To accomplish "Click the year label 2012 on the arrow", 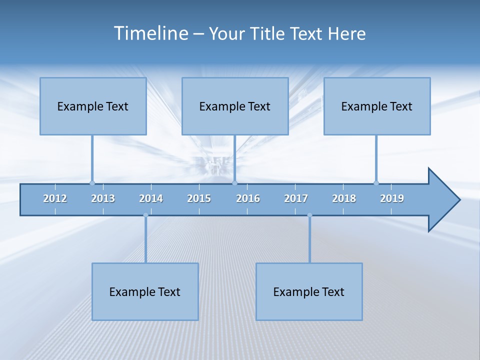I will tap(55, 198).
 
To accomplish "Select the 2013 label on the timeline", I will tap(103, 198).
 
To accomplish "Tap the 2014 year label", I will tap(151, 198).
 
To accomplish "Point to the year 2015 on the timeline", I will tap(199, 198).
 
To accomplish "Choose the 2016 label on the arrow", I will tap(248, 198).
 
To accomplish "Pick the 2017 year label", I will tap(296, 198).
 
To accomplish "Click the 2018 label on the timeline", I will tap(344, 198).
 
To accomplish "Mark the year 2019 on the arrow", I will tap(392, 198).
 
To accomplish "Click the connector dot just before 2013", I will tap(92, 183).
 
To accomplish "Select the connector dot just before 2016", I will tap(234, 183).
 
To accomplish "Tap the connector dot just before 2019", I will tap(376, 183).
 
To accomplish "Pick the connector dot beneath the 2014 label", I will tap(145, 215).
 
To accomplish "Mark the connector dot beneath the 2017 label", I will tap(309, 215).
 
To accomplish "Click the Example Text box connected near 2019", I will tap(377, 106).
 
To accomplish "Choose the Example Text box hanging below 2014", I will tap(145, 291).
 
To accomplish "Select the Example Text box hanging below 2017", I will tap(309, 291).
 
